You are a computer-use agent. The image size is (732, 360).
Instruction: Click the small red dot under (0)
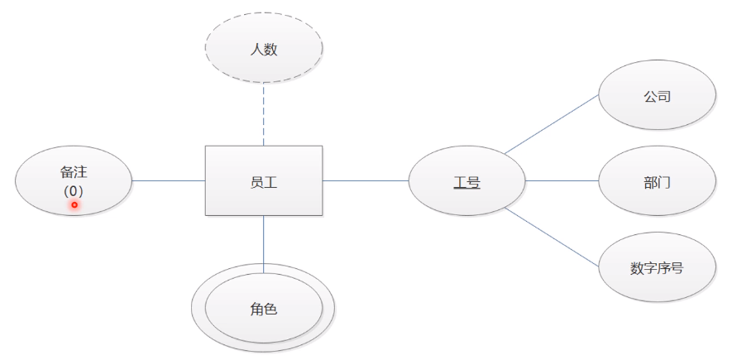coord(74,204)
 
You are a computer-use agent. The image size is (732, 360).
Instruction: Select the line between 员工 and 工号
coord(365,180)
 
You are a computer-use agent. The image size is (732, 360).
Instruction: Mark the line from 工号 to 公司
coord(552,123)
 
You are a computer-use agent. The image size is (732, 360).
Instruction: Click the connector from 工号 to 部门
coord(562,180)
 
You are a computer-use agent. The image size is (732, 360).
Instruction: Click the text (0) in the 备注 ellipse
coord(74,190)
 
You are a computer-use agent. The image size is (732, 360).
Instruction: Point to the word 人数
coord(263,49)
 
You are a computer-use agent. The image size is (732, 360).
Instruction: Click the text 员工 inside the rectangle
coord(263,181)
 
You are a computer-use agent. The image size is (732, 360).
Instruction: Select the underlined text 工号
coord(466,181)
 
